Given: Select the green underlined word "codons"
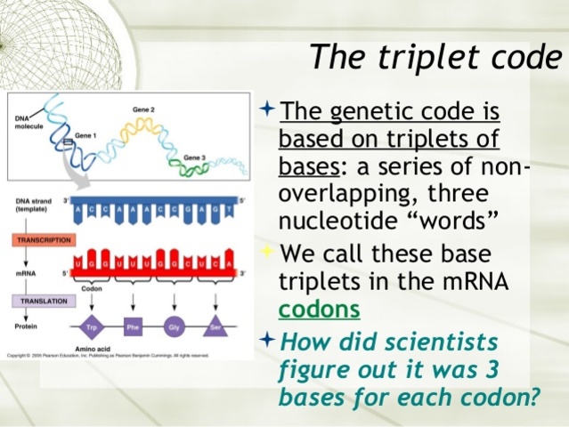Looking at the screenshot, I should pyautogui.click(x=320, y=309).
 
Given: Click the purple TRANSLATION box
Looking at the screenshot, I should pyautogui.click(x=41, y=302).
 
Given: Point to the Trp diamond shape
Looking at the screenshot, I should pyautogui.click(x=89, y=326).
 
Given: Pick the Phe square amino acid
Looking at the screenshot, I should pyautogui.click(x=133, y=326).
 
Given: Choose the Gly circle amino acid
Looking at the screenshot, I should pyautogui.click(x=175, y=326).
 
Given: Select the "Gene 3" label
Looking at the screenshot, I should pyautogui.click(x=196, y=157).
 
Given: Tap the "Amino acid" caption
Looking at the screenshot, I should pyautogui.click(x=88, y=349).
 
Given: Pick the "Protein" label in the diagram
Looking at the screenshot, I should pyautogui.click(x=26, y=326).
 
